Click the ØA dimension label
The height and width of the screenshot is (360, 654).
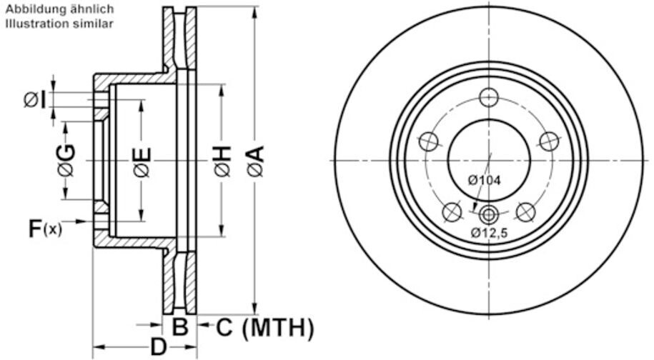point(255,161)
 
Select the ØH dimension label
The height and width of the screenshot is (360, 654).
point(222,161)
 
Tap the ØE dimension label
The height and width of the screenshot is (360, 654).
point(142,161)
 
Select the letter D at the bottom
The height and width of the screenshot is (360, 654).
point(157,347)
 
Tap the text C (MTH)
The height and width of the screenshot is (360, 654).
point(264,328)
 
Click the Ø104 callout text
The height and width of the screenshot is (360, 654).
point(485,181)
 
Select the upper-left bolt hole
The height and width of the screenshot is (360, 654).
point(428,141)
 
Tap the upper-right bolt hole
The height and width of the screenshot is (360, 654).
point(548,141)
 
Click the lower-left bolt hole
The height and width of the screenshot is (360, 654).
point(451,211)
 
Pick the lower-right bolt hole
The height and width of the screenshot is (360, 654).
point(525,211)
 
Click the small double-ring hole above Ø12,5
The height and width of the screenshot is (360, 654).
point(488,213)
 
